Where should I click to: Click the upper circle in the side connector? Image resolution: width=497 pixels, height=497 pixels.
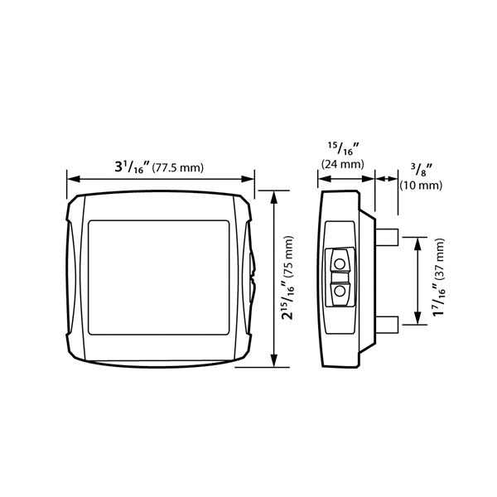[340, 263]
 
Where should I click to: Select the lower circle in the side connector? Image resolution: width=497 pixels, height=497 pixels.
[340, 291]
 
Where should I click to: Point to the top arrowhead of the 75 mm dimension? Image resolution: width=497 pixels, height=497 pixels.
[274, 194]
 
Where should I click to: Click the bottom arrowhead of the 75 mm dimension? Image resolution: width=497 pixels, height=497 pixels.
[274, 361]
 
